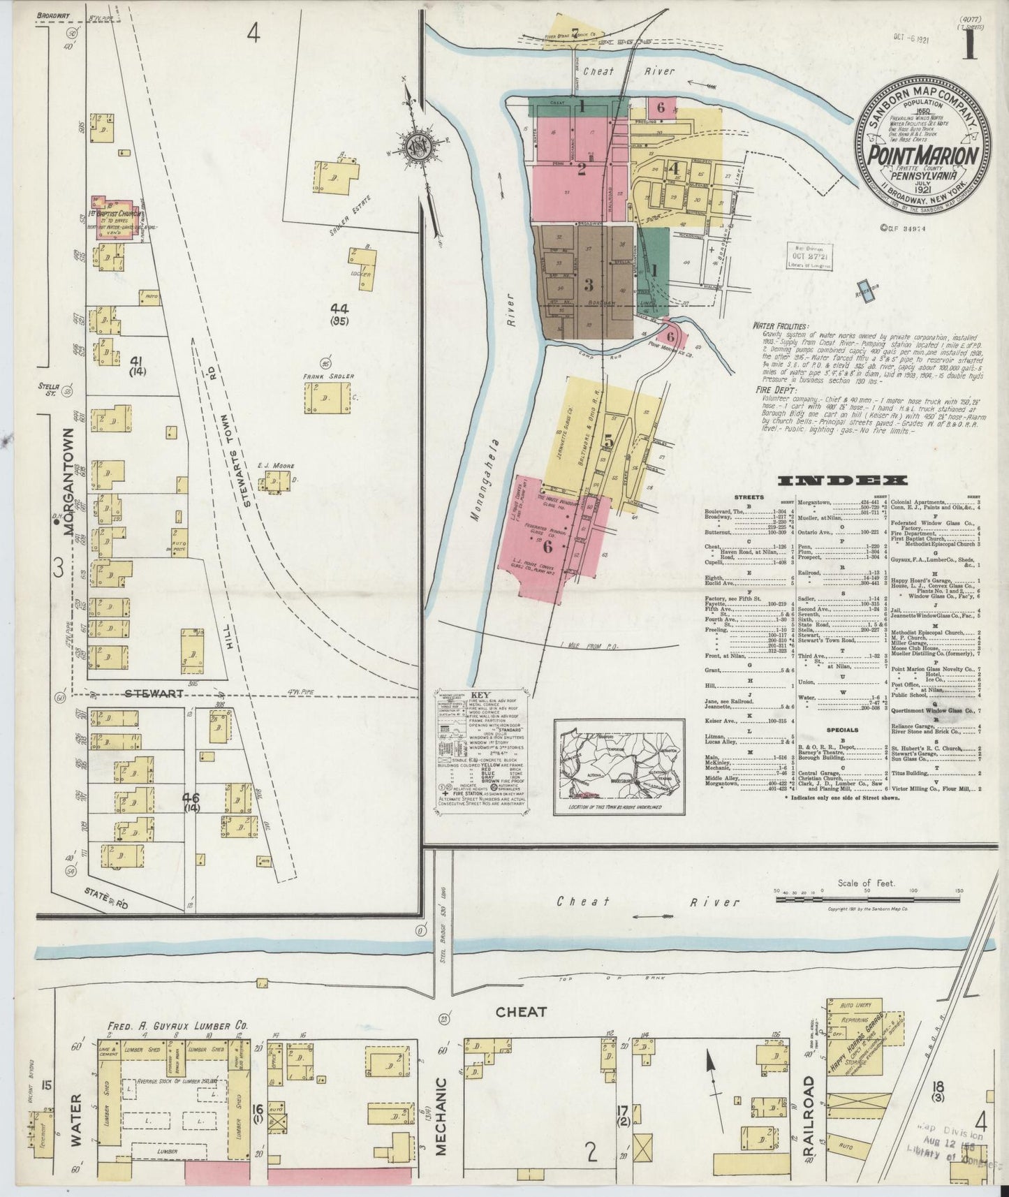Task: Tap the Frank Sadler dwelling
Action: click(x=325, y=399)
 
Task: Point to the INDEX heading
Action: click(x=842, y=480)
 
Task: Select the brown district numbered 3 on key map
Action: click(x=588, y=285)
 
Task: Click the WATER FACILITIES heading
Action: click(x=780, y=325)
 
